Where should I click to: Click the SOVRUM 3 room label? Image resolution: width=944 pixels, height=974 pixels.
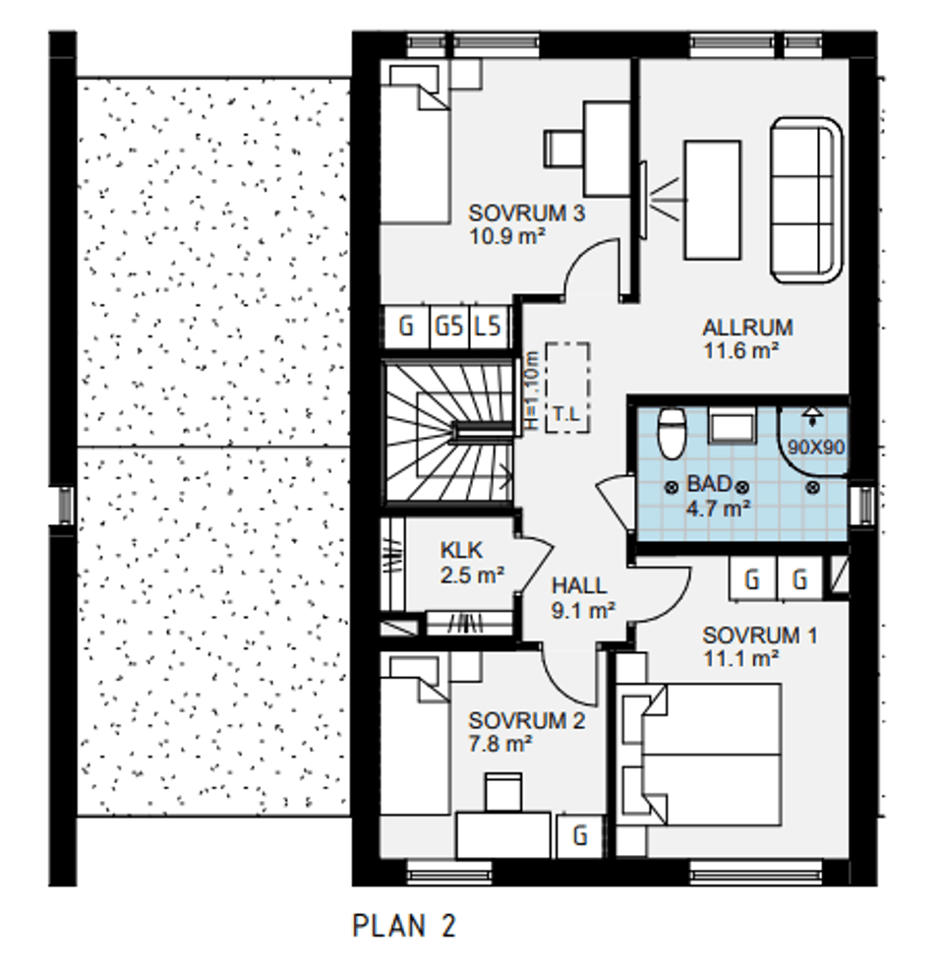pos(526,213)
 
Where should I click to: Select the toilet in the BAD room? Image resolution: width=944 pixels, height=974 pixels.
pos(672,432)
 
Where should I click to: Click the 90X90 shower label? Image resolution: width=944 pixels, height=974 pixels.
pos(816,447)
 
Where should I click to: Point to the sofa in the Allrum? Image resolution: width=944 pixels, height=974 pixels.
pos(806,200)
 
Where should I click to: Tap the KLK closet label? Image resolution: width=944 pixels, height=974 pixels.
pos(461,550)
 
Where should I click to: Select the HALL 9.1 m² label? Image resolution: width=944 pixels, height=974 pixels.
pos(583,597)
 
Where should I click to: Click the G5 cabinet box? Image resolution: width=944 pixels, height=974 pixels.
pos(449,326)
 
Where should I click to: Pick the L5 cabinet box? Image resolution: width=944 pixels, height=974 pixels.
pos(490,326)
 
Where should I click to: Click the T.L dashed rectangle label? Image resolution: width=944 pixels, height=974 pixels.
pos(566,413)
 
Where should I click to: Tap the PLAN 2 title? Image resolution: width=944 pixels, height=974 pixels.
pos(404,925)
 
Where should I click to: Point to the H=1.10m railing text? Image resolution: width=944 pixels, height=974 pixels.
pos(530,391)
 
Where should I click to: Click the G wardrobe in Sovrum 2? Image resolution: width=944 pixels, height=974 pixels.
pos(580,835)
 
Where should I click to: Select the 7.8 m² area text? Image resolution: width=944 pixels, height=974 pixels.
pos(500,743)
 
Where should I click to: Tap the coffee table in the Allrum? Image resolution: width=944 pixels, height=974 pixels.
pos(712,200)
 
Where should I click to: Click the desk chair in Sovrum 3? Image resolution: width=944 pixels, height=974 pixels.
pos(563,149)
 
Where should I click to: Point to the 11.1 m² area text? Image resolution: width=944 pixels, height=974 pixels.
pos(740,658)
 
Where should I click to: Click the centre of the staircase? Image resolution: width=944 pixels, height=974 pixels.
pos(449,432)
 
